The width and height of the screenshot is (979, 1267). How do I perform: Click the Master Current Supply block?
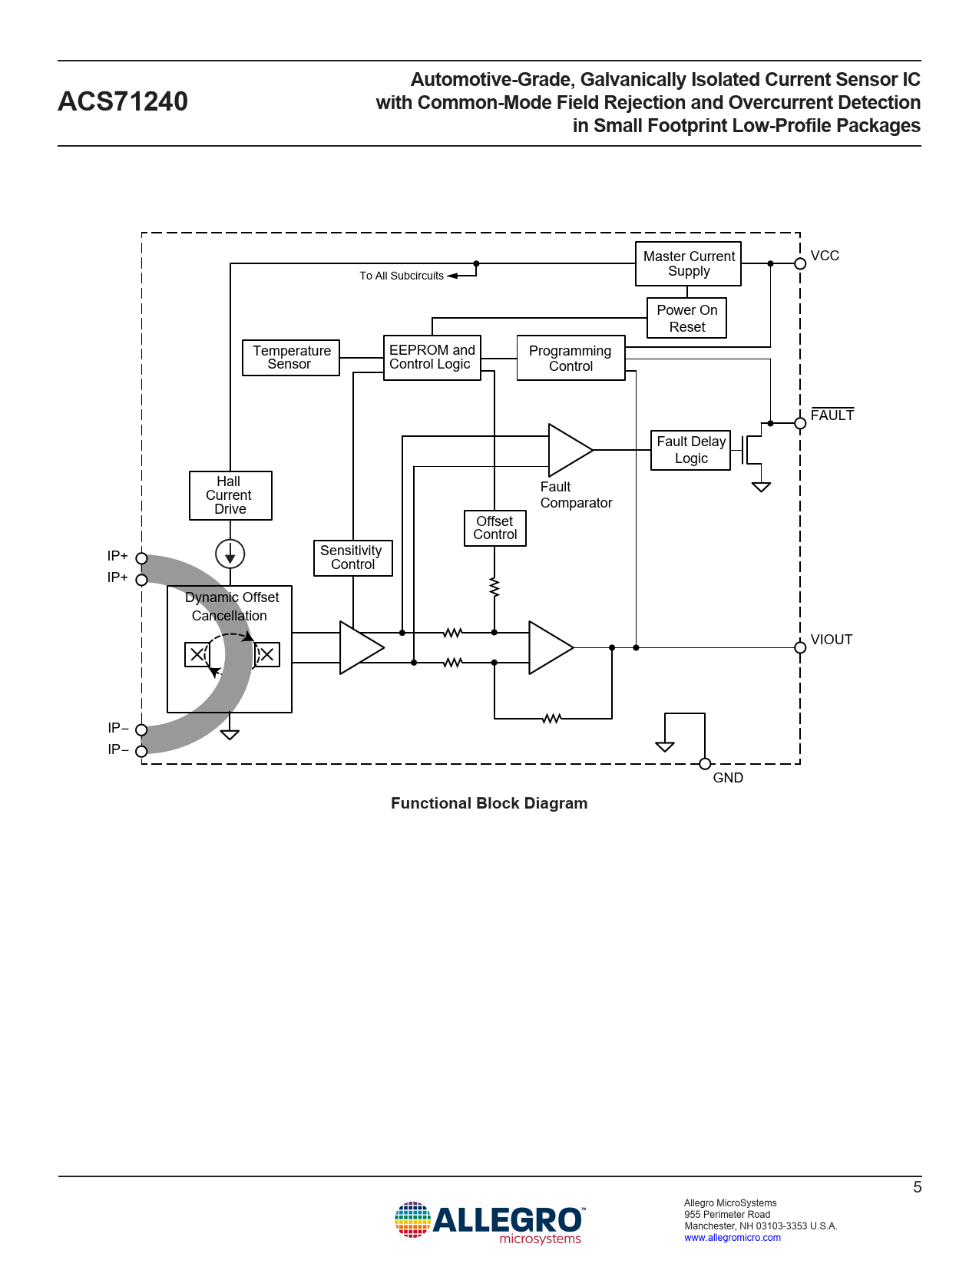pos(688,263)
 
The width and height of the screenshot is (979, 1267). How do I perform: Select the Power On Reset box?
pos(686,318)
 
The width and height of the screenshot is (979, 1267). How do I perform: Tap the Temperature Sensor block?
pos(291,358)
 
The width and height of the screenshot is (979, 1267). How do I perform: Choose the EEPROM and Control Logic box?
pos(432,358)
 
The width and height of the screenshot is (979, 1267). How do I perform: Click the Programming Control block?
pos(571,358)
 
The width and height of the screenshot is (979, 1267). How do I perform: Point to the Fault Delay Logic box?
pos(690,450)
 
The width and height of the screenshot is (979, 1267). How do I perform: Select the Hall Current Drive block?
pos(230,495)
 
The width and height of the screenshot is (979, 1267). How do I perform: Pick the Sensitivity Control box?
pos(352,557)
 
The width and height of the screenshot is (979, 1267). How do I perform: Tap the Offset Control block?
pos(494,528)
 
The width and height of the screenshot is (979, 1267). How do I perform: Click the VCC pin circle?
pos(800,263)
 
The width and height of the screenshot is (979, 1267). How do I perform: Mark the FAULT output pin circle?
pos(800,423)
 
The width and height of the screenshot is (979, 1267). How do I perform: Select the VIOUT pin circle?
pos(800,647)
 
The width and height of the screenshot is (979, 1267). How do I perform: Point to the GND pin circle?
pos(705,763)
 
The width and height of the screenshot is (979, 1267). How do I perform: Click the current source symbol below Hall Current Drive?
pos(230,554)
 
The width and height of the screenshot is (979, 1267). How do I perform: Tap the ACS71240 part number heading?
pos(123,101)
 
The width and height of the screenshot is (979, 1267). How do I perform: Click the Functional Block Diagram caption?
pos(489,803)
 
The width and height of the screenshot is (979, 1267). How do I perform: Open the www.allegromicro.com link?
pos(732,1238)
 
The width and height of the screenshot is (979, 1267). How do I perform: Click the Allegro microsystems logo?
pos(489,1222)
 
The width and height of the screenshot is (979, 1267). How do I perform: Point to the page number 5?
pos(917,1187)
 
